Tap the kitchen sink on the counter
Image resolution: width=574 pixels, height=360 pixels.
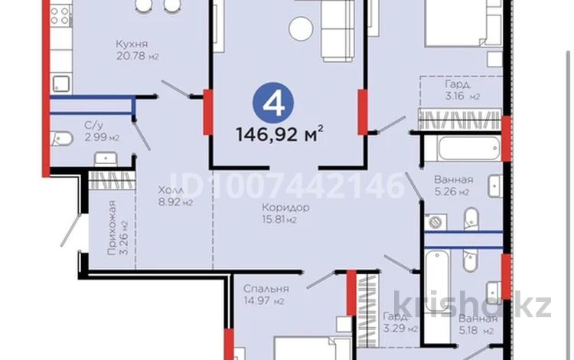tap(59, 80)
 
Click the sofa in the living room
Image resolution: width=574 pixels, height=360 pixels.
tap(337, 31)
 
